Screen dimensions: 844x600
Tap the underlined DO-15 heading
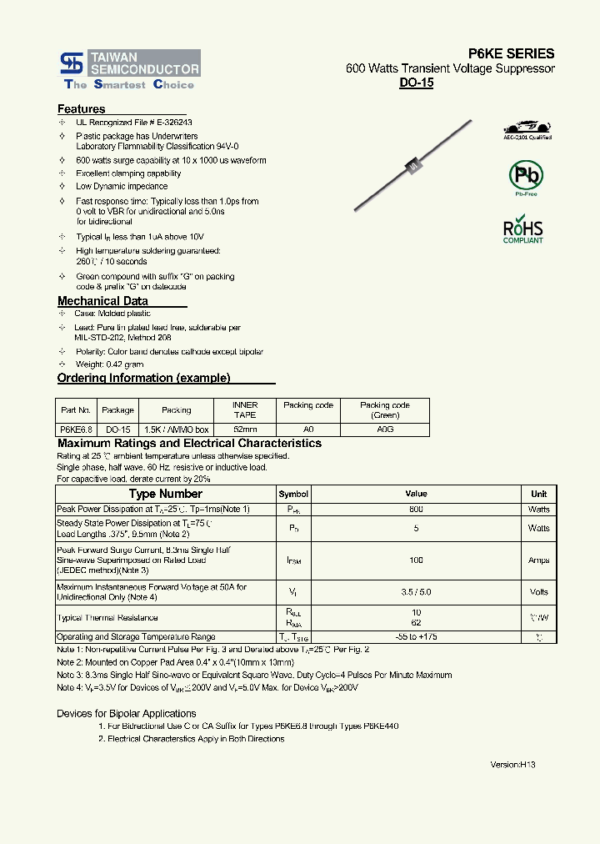(416, 83)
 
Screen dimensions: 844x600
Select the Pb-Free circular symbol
(524, 177)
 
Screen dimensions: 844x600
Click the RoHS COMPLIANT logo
(522, 230)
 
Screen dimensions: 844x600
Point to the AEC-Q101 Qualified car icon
(527, 128)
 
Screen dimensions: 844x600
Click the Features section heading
(81, 109)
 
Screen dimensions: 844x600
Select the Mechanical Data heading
(102, 301)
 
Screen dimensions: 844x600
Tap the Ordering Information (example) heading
(143, 378)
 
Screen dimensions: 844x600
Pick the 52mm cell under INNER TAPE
(245, 429)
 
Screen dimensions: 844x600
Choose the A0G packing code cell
(384, 429)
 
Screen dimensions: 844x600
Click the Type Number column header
(165, 494)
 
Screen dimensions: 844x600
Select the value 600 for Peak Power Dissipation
(416, 509)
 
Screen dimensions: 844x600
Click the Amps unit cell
(538, 560)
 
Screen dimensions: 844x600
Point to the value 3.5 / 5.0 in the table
(416, 592)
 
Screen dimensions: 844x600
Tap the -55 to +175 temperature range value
(416, 636)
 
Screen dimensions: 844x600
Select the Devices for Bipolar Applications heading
(126, 713)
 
